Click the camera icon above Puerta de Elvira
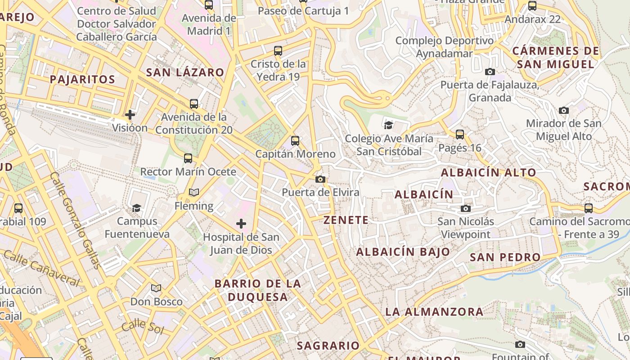(320, 179)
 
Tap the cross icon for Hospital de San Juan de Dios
(241, 224)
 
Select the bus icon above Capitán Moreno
(295, 141)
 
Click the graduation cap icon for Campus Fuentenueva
(136, 208)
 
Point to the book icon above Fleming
(194, 193)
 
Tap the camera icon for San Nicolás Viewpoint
(466, 208)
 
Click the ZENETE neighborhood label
(346, 220)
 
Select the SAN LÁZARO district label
(185, 72)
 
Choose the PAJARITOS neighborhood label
(82, 80)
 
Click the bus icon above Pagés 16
(460, 134)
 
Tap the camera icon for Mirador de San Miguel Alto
(563, 110)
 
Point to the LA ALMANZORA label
(434, 311)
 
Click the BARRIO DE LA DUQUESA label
(257, 290)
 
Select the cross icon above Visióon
(130, 115)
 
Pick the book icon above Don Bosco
(156, 288)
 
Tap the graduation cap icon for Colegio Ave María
(389, 125)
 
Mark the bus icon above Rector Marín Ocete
(188, 158)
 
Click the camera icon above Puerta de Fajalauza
(490, 72)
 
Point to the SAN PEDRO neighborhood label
(505, 257)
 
